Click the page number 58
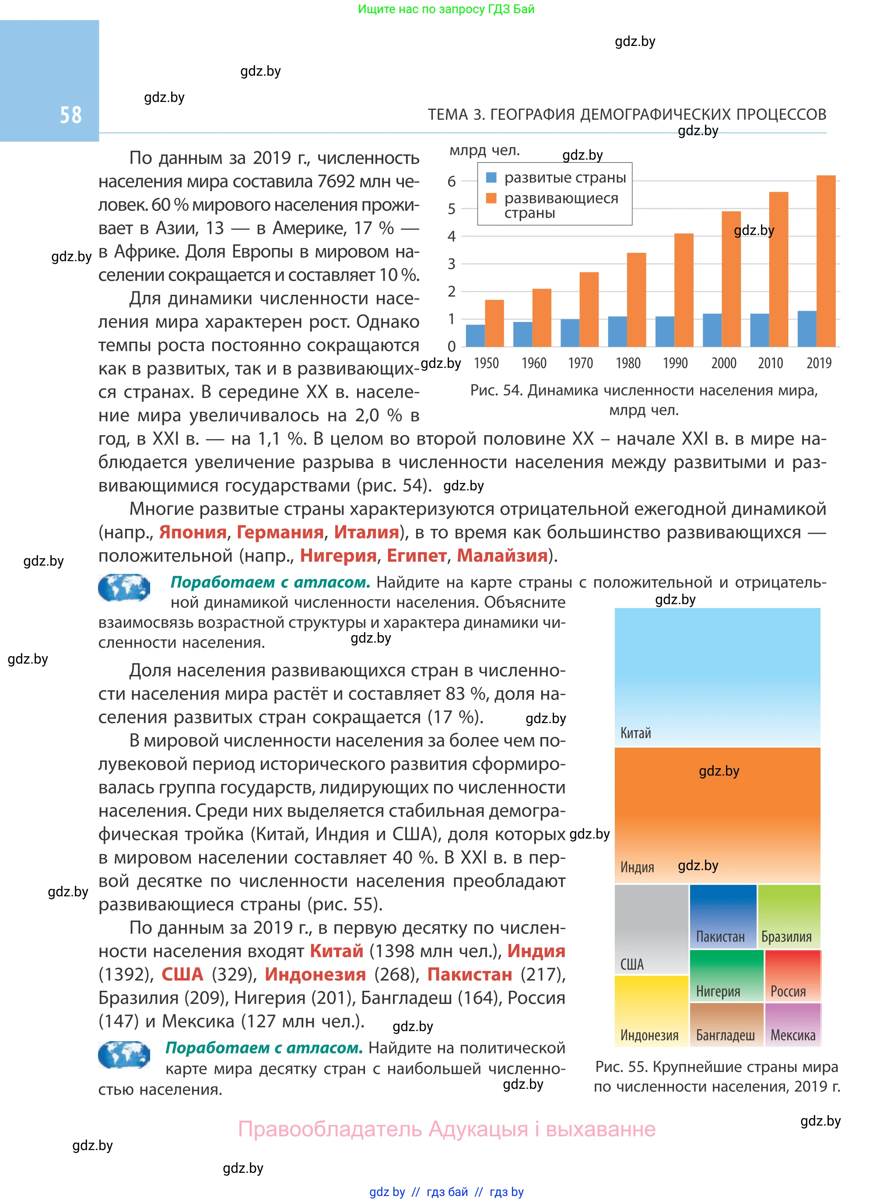(70, 115)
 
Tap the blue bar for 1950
(475, 336)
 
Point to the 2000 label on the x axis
(723, 364)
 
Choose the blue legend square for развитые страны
(491, 178)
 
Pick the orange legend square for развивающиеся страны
(491, 198)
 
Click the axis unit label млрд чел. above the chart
(484, 150)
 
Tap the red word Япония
(193, 532)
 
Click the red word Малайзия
(502, 556)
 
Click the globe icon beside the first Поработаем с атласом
(124, 588)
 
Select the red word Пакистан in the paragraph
(469, 974)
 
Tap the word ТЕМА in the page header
(448, 115)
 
